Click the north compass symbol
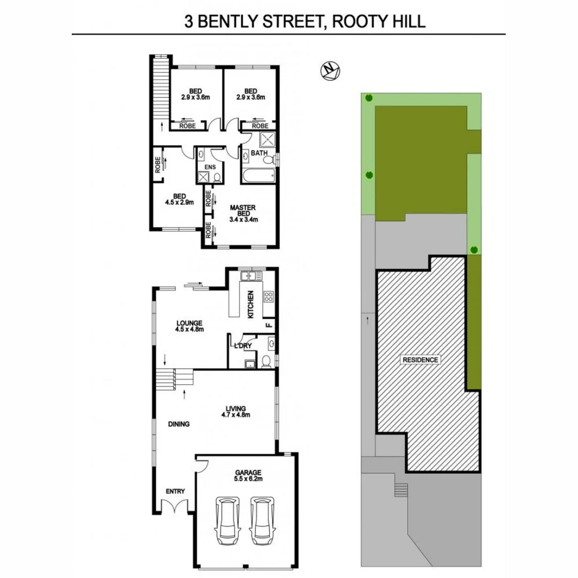pyautogui.click(x=331, y=71)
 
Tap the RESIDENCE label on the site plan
pyautogui.click(x=421, y=360)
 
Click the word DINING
pyautogui.click(x=179, y=424)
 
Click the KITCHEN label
pyautogui.click(x=250, y=304)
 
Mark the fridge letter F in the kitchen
pyautogui.click(x=269, y=324)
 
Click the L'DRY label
pyautogui.click(x=243, y=345)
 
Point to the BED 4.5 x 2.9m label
pyautogui.click(x=179, y=199)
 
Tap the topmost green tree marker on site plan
pyautogui.click(x=368, y=97)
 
